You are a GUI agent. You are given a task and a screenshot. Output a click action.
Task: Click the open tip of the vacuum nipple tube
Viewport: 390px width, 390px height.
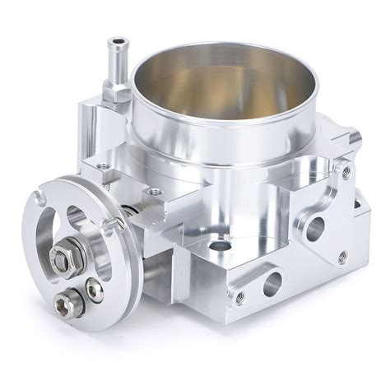point(119,42)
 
